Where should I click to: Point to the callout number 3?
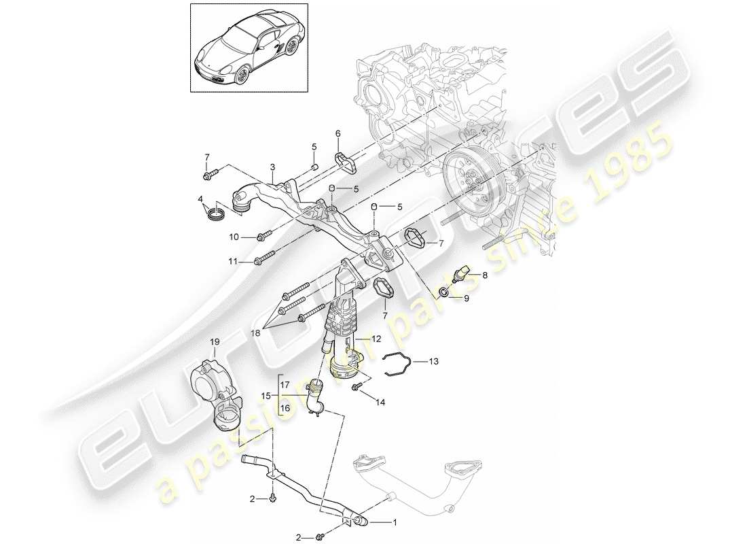(x=272, y=167)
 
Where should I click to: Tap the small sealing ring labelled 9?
(x=443, y=293)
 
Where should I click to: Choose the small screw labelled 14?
(x=355, y=388)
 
